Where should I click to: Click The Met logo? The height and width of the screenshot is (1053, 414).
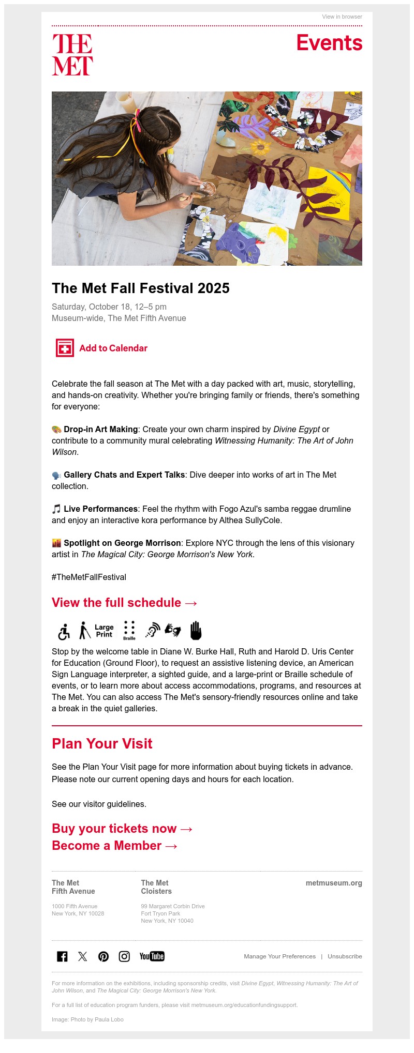pos(72,55)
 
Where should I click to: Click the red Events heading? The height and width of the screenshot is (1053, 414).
pos(329,43)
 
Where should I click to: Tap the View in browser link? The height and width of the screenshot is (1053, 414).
pos(342,17)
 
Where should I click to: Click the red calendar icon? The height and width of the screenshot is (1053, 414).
pos(65,348)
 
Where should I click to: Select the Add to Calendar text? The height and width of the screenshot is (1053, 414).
pos(113,348)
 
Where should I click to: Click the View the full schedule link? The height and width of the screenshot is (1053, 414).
pos(124,603)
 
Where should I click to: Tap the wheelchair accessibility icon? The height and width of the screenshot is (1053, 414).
pos(64,631)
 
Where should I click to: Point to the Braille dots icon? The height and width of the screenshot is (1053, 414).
pos(129,630)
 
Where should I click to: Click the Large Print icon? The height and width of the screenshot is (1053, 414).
pos(104,631)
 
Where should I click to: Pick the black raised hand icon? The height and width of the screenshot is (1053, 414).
pos(195,630)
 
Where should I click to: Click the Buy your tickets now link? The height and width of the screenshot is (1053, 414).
pos(122,829)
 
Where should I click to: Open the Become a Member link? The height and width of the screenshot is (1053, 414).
pos(115,846)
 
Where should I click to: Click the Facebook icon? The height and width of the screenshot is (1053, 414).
pos(62,956)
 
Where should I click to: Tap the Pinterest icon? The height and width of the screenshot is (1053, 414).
pos(103,956)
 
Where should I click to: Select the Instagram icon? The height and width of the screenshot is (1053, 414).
pos(124,956)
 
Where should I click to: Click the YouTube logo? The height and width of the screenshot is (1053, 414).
pos(152,956)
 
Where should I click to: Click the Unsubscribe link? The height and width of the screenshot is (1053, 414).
pos(345,956)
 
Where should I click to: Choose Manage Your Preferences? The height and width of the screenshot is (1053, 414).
pos(279,956)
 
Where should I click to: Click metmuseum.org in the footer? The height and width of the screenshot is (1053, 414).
pos(334,883)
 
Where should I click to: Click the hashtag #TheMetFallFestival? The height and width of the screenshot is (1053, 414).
pos(89,577)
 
